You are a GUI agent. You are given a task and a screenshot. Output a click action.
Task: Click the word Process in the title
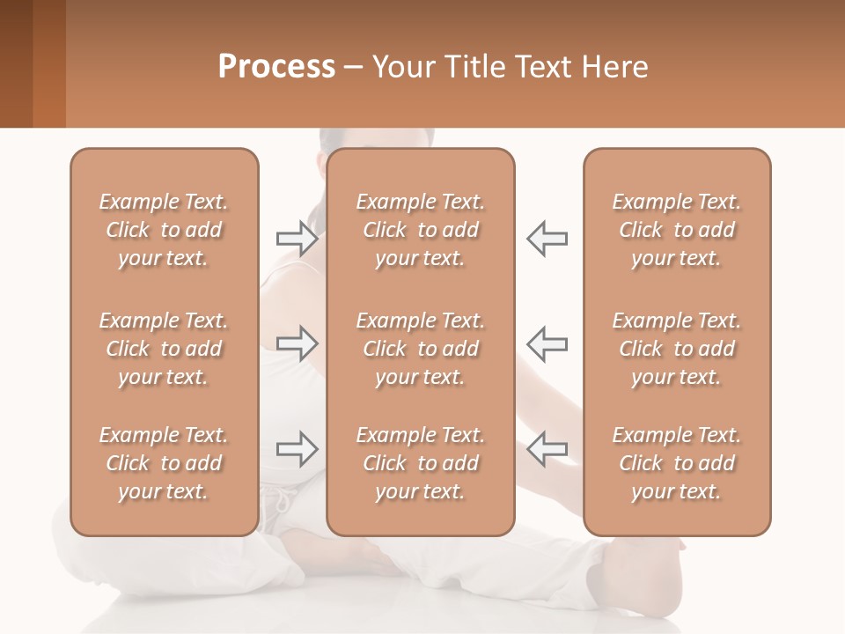tap(276, 66)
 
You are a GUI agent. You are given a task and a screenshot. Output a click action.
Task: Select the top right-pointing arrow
tap(297, 238)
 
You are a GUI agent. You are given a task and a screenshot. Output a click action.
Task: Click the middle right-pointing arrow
tap(297, 343)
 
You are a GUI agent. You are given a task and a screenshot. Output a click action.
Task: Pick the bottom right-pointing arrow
tap(297, 449)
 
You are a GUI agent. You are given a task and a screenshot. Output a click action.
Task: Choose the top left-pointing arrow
tap(547, 238)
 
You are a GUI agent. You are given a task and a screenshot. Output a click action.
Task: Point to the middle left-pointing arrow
tap(547, 343)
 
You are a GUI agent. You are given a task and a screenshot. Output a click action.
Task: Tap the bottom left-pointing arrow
tap(547, 449)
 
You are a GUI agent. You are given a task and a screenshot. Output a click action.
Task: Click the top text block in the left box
tap(164, 230)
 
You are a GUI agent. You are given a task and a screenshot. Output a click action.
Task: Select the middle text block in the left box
tap(164, 349)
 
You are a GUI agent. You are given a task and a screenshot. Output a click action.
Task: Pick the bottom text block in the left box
tap(164, 463)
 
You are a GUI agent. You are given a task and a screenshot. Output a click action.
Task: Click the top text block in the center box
tap(420, 230)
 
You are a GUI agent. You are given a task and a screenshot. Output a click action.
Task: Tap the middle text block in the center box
tap(420, 349)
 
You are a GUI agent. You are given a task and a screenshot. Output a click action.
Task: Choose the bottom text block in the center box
tap(420, 463)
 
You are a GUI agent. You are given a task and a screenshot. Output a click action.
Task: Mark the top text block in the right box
tap(676, 230)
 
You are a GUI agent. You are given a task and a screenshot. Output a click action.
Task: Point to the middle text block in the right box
tap(676, 349)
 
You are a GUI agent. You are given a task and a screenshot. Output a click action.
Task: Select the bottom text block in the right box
tap(676, 463)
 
